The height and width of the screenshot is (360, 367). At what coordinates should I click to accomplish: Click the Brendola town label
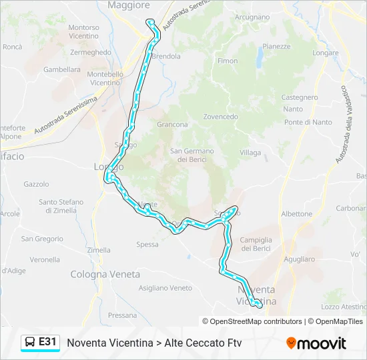[x=167, y=57]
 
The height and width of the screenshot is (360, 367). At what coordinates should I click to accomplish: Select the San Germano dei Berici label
[x=192, y=155]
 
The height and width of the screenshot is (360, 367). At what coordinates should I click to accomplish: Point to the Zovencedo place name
[x=220, y=117]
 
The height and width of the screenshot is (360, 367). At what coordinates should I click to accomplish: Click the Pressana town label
[x=121, y=315]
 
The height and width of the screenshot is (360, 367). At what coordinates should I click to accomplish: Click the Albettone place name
[x=296, y=214]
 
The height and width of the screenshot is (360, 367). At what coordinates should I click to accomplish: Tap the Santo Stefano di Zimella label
[x=61, y=206]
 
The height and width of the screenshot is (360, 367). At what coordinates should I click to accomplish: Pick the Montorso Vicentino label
[x=83, y=31]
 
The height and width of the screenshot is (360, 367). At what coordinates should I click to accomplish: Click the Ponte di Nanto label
[x=308, y=122]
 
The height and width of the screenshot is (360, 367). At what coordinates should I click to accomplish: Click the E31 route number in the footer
[x=47, y=342]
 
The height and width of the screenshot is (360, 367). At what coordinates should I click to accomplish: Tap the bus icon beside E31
[x=30, y=342]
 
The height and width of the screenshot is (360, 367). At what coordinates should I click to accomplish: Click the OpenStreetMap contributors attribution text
[x=256, y=321]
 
